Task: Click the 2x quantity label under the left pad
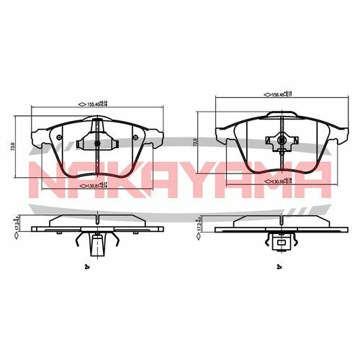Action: pyautogui.click(x=86, y=266)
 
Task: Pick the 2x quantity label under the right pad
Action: pyautogui.click(x=279, y=266)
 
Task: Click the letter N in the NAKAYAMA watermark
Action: pyautogui.click(x=45, y=175)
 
